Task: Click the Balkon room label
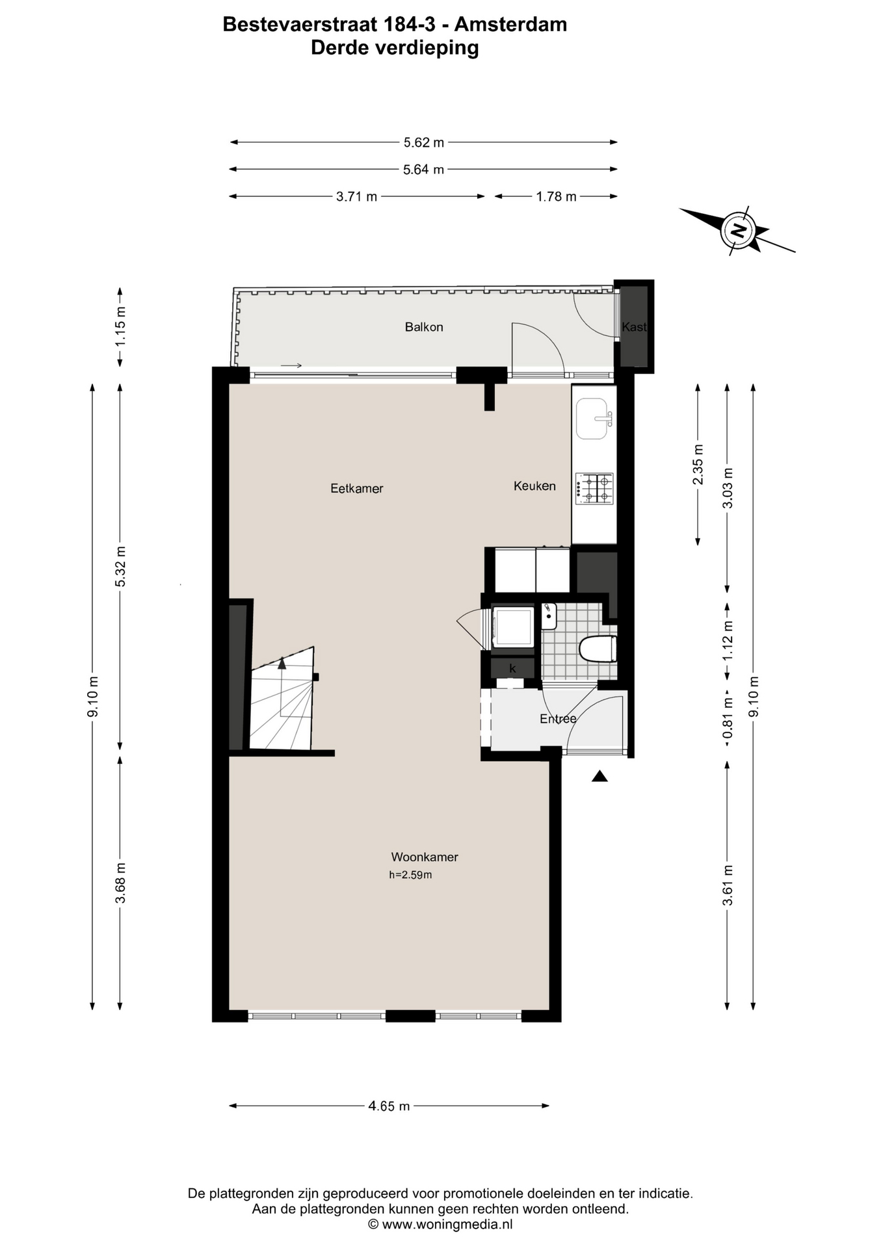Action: click(424, 327)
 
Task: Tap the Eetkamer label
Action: click(357, 488)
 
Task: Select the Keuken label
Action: click(534, 486)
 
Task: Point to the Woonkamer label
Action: click(425, 857)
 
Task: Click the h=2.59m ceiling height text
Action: click(410, 875)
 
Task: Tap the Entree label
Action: click(558, 718)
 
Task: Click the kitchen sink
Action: click(594, 419)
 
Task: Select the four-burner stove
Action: click(594, 489)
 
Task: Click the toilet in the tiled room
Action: click(597, 649)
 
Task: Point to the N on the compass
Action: click(737, 230)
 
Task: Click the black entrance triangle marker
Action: click(600, 775)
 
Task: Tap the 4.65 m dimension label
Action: click(389, 1106)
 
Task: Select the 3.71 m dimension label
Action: click(356, 196)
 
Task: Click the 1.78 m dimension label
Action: click(556, 196)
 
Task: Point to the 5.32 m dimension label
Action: click(120, 566)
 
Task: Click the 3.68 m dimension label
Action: click(120, 882)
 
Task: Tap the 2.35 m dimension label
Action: click(698, 464)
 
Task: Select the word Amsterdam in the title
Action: click(510, 25)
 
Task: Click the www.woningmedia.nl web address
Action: click(447, 1225)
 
